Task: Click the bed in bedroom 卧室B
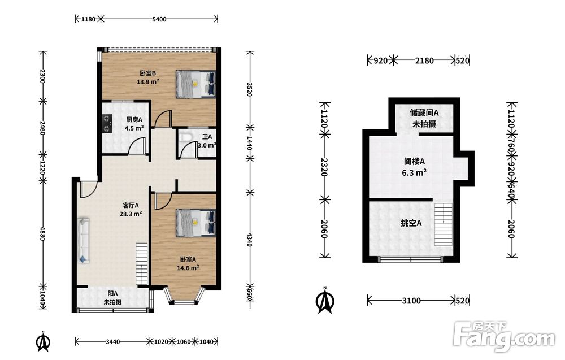point(195,84)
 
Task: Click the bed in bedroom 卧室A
point(195,223)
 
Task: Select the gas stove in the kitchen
point(107,123)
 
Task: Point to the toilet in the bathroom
point(185,138)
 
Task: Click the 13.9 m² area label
point(147,82)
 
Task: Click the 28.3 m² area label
point(131,214)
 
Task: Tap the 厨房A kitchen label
point(134,119)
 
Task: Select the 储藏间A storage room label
point(424,113)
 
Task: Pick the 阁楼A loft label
point(414,162)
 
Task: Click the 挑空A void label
point(411,223)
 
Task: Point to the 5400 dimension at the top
point(159,19)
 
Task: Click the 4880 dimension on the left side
point(42,233)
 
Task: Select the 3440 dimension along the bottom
point(113,341)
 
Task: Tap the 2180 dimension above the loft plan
point(424,60)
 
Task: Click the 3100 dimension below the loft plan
point(411,301)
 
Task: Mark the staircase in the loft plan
point(443,224)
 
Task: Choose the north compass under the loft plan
point(325,300)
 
